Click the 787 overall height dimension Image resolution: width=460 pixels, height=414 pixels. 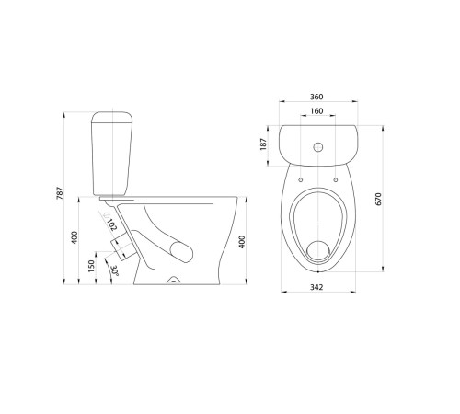point(60,193)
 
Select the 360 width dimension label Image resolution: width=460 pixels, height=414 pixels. point(316,97)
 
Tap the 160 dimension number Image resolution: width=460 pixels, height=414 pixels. point(316,111)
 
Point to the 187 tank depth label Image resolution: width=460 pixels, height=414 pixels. point(263,144)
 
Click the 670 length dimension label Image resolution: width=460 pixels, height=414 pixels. point(378,199)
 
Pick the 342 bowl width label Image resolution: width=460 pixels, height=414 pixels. point(316,287)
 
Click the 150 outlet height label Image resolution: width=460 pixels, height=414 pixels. point(91,266)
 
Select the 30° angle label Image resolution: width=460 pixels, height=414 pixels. point(115,270)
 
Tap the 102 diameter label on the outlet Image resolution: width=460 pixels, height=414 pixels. point(112,224)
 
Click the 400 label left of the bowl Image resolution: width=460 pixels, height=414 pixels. point(75,237)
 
